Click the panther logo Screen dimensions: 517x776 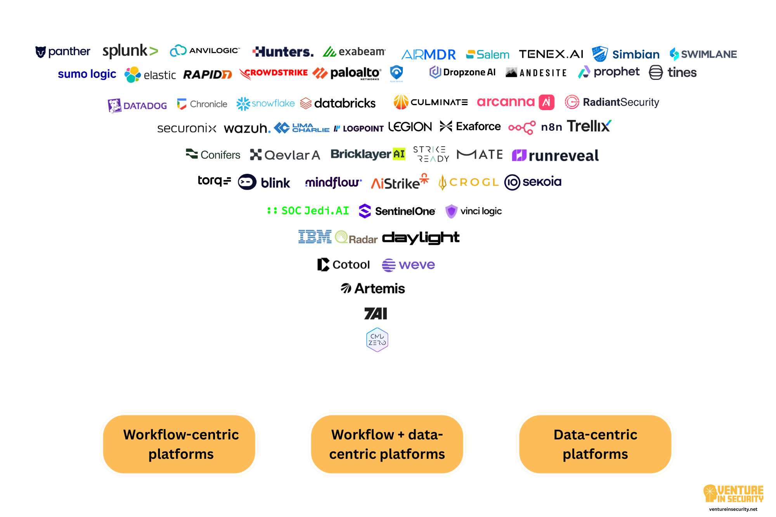[62, 52]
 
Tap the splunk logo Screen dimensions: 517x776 [130, 51]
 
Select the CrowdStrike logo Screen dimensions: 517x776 [274, 73]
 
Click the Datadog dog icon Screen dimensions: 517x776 [114, 105]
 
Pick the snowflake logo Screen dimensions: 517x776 [265, 104]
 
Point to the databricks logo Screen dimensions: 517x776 [338, 103]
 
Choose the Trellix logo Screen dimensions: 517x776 [589, 126]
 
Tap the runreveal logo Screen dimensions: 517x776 [555, 156]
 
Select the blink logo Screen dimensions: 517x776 [264, 182]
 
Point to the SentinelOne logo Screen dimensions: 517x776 [397, 211]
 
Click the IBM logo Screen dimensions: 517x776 [315, 237]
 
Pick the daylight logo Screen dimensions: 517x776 [421, 238]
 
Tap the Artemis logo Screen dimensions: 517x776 [373, 289]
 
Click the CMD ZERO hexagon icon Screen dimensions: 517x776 [377, 340]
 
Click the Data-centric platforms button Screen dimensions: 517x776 [595, 444]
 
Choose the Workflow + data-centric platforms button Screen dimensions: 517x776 [387, 444]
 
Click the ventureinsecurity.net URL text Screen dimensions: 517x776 [733, 509]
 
